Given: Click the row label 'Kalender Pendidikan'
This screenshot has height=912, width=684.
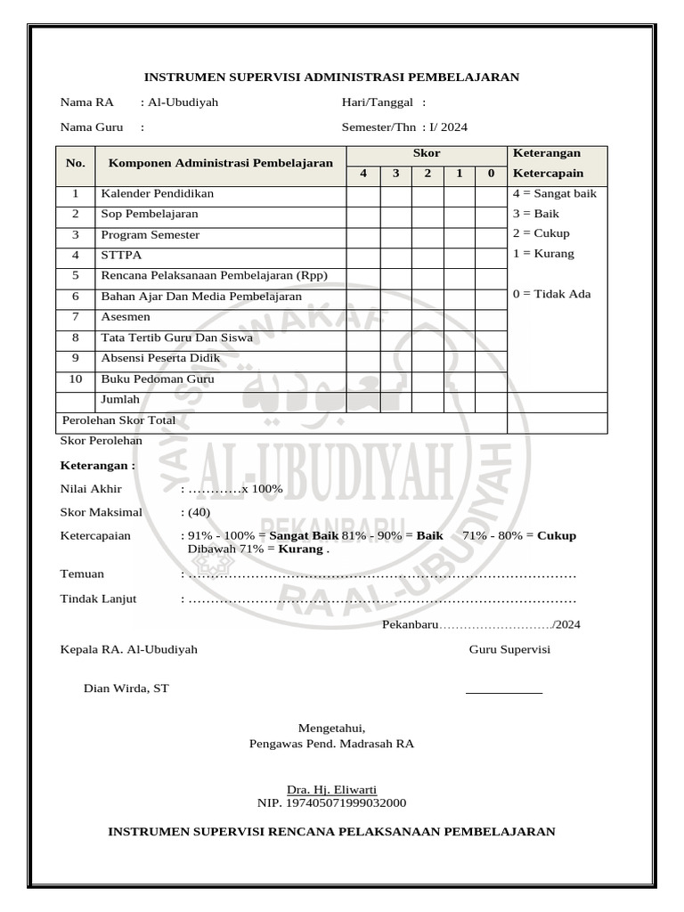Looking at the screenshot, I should pyautogui.click(x=157, y=193).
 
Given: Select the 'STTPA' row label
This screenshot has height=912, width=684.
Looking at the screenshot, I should pyautogui.click(x=118, y=256).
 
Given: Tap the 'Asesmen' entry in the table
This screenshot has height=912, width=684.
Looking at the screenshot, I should pyautogui.click(x=126, y=317).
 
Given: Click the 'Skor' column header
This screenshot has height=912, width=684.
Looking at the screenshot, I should pyautogui.click(x=427, y=154).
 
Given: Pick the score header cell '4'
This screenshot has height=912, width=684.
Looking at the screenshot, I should pyautogui.click(x=362, y=173).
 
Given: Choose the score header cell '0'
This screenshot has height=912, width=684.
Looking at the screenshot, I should pyautogui.click(x=491, y=173).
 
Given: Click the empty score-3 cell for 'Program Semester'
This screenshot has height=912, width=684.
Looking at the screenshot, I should pyautogui.click(x=395, y=235).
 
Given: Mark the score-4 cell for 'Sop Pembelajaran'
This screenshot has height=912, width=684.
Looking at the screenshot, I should pyautogui.click(x=362, y=215).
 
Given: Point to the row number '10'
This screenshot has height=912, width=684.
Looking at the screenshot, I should pyautogui.click(x=76, y=379).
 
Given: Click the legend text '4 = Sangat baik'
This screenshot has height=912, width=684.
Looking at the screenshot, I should pyautogui.click(x=554, y=193).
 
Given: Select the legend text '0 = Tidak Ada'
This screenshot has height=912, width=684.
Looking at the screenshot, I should pyautogui.click(x=551, y=295).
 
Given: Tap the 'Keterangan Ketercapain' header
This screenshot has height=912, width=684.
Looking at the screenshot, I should pyautogui.click(x=546, y=163).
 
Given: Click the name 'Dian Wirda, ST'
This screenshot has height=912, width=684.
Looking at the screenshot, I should pyautogui.click(x=126, y=688).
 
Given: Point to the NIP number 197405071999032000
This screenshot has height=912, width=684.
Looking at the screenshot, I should pyautogui.click(x=331, y=803).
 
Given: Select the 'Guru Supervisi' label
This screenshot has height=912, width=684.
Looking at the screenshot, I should pyautogui.click(x=509, y=649).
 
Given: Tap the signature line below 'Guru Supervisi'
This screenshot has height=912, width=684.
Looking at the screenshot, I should pyautogui.click(x=503, y=692).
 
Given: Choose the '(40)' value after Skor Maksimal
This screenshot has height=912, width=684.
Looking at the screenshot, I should pyautogui.click(x=195, y=512).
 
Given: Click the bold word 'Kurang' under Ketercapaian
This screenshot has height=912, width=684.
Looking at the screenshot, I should pyautogui.click(x=301, y=550).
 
